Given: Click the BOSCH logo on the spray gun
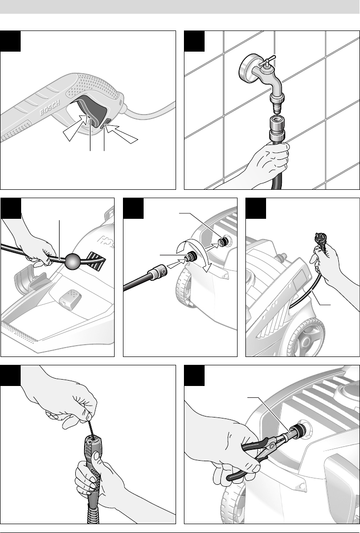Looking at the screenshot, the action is (x=50, y=107).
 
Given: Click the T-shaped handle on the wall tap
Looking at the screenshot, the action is (x=267, y=62).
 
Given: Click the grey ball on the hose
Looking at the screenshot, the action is (x=72, y=262).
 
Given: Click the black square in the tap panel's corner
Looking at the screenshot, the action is (x=194, y=41).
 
